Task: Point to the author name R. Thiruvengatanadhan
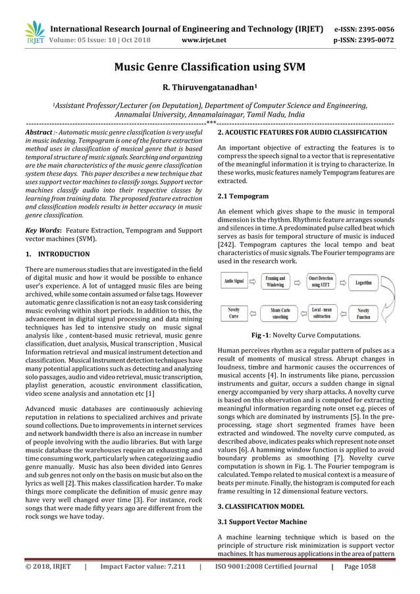coord(209,88)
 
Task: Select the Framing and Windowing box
coord(275,282)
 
